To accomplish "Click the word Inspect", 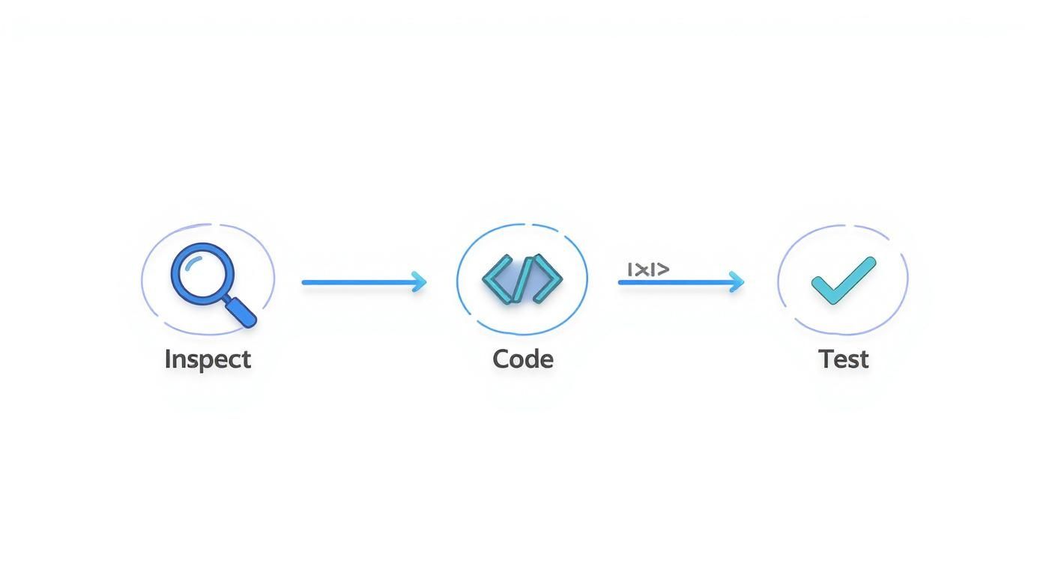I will click(208, 359).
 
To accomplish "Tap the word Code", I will click(523, 359).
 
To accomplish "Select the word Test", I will click(844, 359).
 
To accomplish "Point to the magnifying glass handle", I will click(241, 311).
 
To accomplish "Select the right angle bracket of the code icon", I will click(549, 279).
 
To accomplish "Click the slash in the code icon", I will click(523, 279).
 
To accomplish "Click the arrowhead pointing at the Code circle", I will click(420, 282).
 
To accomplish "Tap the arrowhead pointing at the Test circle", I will click(737, 282).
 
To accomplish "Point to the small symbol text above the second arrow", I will click(648, 269).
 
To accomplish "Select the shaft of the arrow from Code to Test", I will click(674, 282).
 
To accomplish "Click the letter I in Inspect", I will click(168, 359).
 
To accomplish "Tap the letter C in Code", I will click(501, 359).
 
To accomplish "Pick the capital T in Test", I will click(826, 359).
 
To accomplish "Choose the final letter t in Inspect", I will click(247, 360).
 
